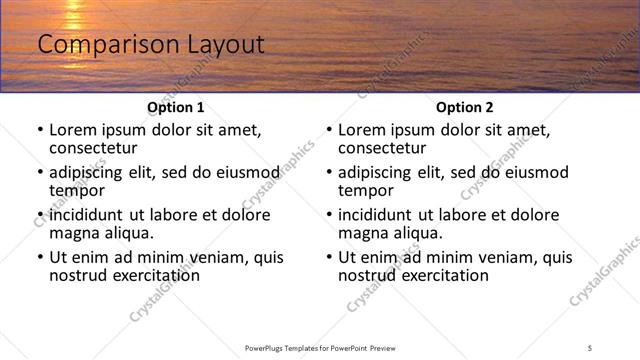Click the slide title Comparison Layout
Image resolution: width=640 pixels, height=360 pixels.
click(150, 45)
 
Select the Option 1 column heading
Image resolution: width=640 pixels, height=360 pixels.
click(175, 107)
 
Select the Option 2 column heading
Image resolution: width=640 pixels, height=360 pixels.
click(464, 107)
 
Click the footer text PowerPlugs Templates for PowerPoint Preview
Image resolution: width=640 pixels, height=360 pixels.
click(320, 348)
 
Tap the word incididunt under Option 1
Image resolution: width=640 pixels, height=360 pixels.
click(90, 215)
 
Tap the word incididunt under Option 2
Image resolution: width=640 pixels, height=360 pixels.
click(379, 215)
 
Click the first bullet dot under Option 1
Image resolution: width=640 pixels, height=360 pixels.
click(40, 130)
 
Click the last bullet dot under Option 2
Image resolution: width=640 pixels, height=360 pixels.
click(329, 257)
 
